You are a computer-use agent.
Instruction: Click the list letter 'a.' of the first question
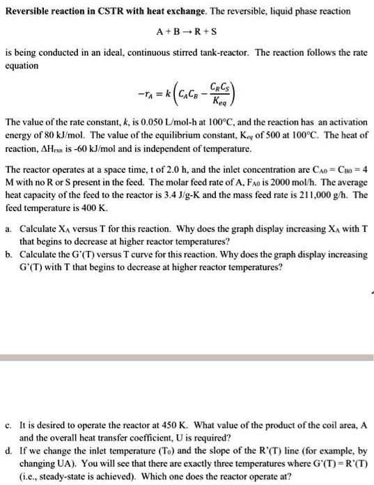pyautogui.click(x=8, y=229)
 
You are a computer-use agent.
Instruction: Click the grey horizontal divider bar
pyautogui.click(x=187, y=357)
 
